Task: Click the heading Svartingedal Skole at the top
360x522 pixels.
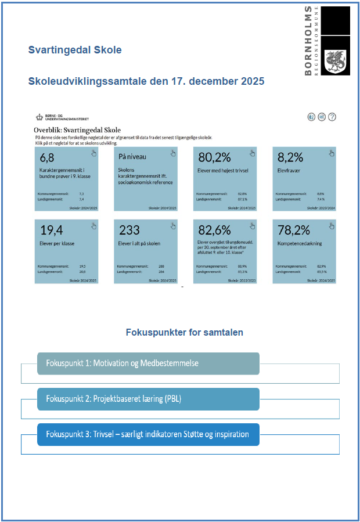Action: pyautogui.click(x=75, y=50)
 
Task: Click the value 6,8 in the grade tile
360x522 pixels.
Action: pyautogui.click(x=47, y=157)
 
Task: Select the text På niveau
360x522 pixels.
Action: pyautogui.click(x=132, y=157)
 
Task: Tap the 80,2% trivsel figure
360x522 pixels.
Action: pyautogui.click(x=215, y=157)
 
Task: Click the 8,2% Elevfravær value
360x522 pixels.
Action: pyautogui.click(x=290, y=157)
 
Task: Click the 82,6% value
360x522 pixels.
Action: pyautogui.click(x=215, y=231)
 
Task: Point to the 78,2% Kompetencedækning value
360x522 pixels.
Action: pyautogui.click(x=294, y=231)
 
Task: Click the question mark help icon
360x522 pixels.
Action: pyautogui.click(x=332, y=117)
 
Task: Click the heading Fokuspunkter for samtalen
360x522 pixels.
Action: pyautogui.click(x=184, y=333)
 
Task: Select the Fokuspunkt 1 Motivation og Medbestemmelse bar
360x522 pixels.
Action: pyautogui.click(x=148, y=363)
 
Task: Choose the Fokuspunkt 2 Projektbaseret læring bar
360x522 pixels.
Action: pyautogui.click(x=148, y=399)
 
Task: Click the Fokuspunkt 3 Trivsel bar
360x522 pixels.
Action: pyautogui.click(x=148, y=434)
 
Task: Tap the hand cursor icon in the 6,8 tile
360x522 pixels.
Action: pyautogui.click(x=93, y=153)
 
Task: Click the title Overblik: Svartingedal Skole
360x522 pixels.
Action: pyautogui.click(x=77, y=129)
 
